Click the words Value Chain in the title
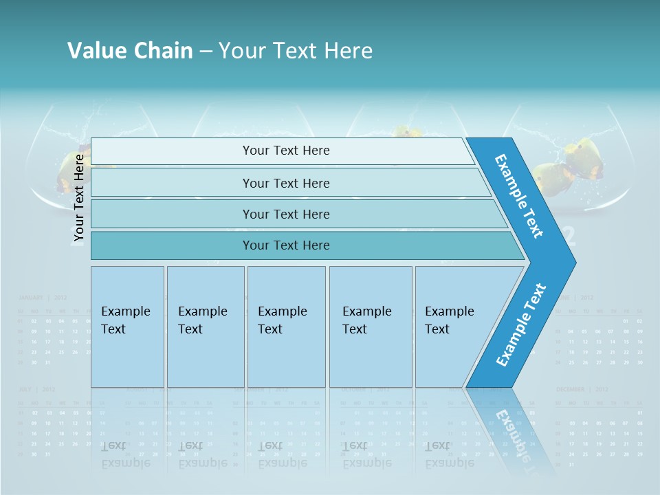(130, 51)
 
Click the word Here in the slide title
(349, 51)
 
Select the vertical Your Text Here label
(79, 198)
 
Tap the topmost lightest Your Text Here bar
(286, 151)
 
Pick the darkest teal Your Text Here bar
(286, 245)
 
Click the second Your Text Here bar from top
(286, 183)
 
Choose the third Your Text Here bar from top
(286, 214)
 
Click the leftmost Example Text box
(127, 326)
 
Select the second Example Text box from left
(205, 326)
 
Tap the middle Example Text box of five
(285, 326)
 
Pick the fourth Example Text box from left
(370, 326)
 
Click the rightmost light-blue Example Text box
(450, 326)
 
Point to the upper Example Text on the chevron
(519, 196)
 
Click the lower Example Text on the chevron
(521, 325)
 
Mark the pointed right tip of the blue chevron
(574, 263)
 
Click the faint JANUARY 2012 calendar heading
(42, 298)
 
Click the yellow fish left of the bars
(69, 172)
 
